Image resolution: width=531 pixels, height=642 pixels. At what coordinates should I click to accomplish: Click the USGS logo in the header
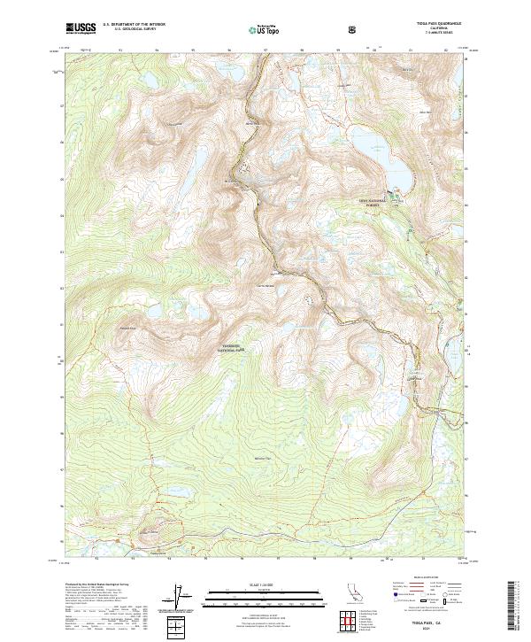pos(81,29)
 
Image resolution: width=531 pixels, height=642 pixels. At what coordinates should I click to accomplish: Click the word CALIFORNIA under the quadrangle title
pos(432,30)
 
